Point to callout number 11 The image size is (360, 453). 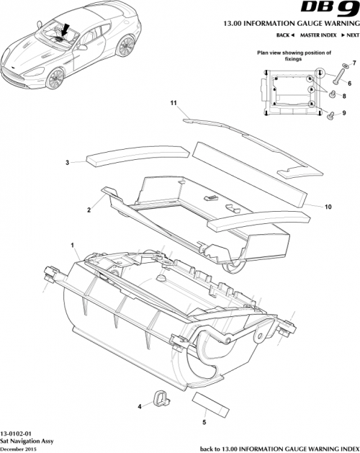pyautogui.click(x=173, y=103)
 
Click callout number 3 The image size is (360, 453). pyautogui.click(x=67, y=163)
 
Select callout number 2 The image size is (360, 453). pyautogui.click(x=89, y=210)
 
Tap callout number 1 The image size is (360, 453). pyautogui.click(x=73, y=245)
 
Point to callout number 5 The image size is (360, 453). pyautogui.click(x=204, y=423)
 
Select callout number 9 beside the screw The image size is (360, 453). pyautogui.click(x=343, y=113)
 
